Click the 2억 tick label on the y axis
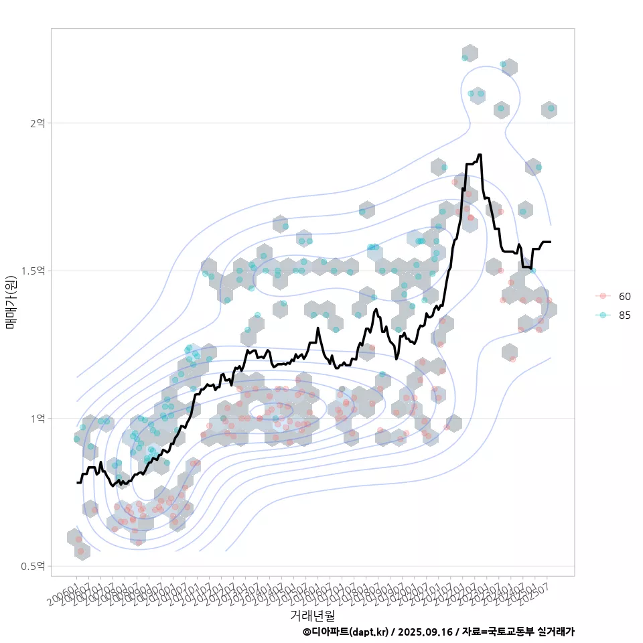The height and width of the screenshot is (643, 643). pos(37,123)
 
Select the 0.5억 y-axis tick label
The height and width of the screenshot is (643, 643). pos(33,566)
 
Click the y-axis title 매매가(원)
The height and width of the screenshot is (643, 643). pos(11,302)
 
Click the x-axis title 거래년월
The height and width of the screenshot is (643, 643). pos(312,615)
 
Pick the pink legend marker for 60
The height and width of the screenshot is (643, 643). pos(603,296)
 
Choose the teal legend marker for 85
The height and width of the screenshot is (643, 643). pos(603,315)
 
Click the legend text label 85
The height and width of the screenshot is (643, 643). pos(624,315)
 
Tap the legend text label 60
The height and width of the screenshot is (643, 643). pos(624,296)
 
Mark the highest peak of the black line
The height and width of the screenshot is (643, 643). pos(480,155)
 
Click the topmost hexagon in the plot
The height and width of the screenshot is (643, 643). pos(470,54)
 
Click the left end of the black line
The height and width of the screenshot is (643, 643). pos(77,482)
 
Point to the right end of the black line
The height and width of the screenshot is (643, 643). pos(551,242)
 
